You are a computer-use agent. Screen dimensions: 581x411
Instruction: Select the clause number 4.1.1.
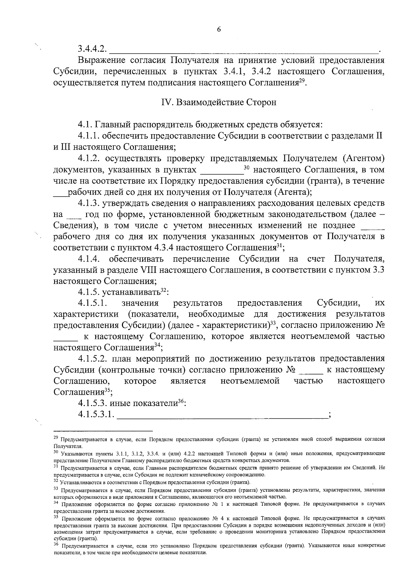tap(89, 136)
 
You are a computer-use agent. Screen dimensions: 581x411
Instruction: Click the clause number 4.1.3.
tap(89, 203)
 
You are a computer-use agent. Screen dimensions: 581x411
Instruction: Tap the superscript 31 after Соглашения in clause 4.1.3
tap(279, 246)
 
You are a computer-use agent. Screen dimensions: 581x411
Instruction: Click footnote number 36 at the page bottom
tap(57, 545)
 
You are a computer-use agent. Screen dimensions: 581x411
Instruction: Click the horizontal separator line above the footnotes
tap(103, 430)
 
